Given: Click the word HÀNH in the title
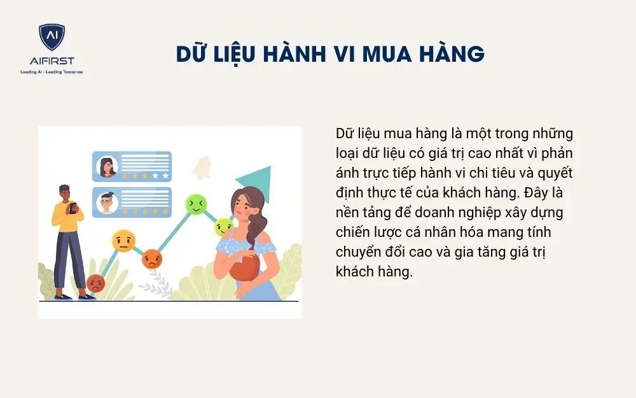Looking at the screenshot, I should pos(296,53).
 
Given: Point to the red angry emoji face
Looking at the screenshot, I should pos(95,283).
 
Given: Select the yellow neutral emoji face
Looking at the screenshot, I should pos(123,241).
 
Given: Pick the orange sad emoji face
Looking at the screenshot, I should pos(153,259).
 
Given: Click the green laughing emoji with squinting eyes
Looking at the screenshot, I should pos(196,204).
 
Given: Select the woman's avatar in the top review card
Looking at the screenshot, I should pos(107,167).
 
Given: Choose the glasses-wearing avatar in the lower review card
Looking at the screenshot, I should pos(107,203).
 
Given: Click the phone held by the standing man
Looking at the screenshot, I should pos(73,206).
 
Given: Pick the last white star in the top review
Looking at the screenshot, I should pos(165,175).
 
